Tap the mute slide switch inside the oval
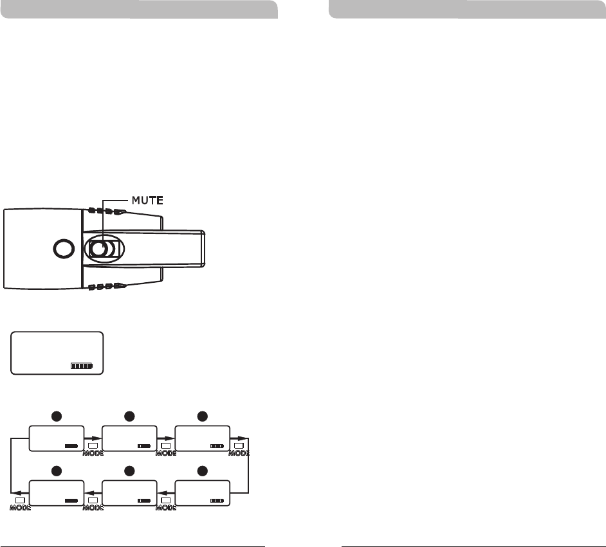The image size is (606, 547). (103, 249)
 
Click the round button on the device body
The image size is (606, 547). (62, 248)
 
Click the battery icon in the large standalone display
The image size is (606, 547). (82, 366)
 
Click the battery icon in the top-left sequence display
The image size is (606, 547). (71, 445)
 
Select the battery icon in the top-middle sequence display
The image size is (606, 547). (143, 445)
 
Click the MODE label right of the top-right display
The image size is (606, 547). (239, 453)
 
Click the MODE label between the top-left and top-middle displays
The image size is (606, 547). (93, 453)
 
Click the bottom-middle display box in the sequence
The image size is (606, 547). (129, 493)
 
